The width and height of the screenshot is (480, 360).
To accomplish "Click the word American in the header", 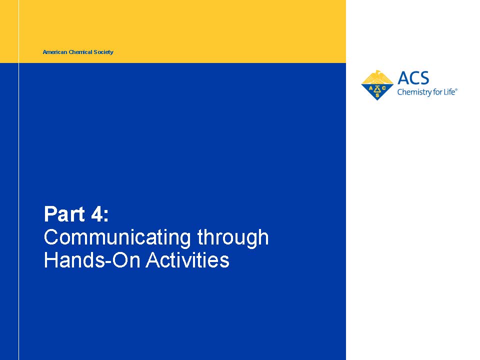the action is click(x=55, y=52).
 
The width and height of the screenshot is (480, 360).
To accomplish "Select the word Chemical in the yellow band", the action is click(x=80, y=52).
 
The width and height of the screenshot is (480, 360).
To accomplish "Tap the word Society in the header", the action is click(x=103, y=52).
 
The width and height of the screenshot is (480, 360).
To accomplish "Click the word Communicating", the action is click(x=117, y=238).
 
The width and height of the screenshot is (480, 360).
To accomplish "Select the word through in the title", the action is click(x=233, y=238).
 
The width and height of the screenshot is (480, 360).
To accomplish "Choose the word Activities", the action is click(x=187, y=260).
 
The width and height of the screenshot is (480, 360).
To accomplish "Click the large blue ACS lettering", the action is click(x=413, y=78).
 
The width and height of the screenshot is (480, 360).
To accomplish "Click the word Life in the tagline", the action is click(x=449, y=91).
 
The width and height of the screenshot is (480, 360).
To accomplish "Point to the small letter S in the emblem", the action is click(x=377, y=95).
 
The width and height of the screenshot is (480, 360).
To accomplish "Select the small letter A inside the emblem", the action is click(x=370, y=89).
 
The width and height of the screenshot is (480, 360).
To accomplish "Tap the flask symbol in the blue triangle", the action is click(x=377, y=89).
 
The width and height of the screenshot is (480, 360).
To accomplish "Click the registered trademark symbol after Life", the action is click(x=456, y=89).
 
